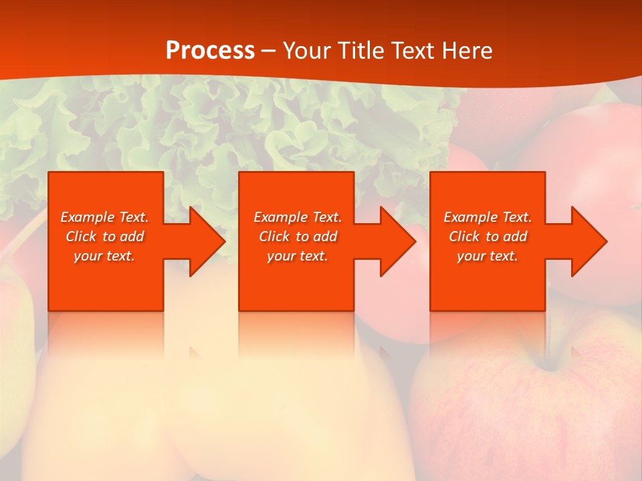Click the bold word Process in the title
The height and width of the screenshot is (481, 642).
tap(210, 51)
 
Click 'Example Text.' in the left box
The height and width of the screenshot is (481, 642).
tap(105, 217)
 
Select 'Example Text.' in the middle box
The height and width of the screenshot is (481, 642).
tap(298, 217)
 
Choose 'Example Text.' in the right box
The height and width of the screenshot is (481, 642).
tap(488, 217)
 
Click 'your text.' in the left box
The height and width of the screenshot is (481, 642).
tap(104, 256)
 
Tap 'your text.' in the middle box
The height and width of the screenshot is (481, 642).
tap(298, 256)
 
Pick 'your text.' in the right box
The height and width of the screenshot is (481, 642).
tap(488, 256)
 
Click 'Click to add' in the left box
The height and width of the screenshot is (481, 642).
tap(105, 236)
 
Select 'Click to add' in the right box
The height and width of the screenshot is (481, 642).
tap(488, 236)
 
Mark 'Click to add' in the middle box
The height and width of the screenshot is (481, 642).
tap(298, 236)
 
